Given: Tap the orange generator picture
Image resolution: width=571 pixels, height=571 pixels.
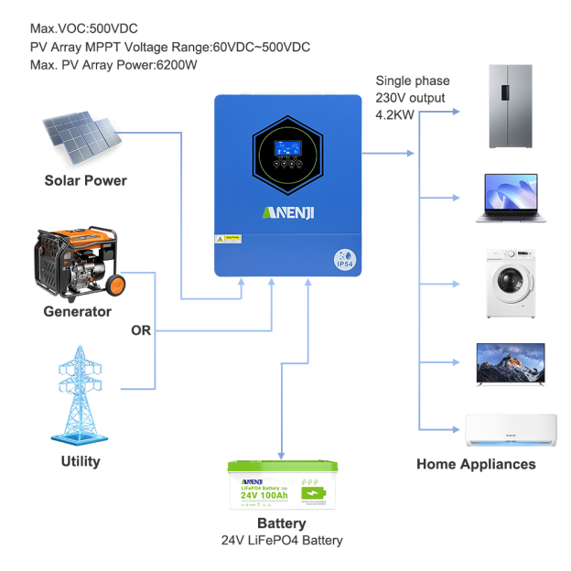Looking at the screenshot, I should tap(77, 261).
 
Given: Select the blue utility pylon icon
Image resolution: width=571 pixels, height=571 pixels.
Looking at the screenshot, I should tap(80, 393).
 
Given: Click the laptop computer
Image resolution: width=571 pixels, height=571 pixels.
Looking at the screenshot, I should tap(510, 199).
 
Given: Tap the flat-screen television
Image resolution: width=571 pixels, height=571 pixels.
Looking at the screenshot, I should tap(510, 364).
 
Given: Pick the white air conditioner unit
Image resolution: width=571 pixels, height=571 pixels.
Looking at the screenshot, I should tap(510, 429).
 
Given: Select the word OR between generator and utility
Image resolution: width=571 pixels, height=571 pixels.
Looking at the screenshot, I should tap(142, 329).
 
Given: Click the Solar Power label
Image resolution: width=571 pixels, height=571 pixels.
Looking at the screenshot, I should tap(85, 180).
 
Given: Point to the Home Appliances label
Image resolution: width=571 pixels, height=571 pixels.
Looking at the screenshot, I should tap(476, 464).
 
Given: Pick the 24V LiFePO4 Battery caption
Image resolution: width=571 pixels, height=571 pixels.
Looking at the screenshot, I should tap(281, 541).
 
